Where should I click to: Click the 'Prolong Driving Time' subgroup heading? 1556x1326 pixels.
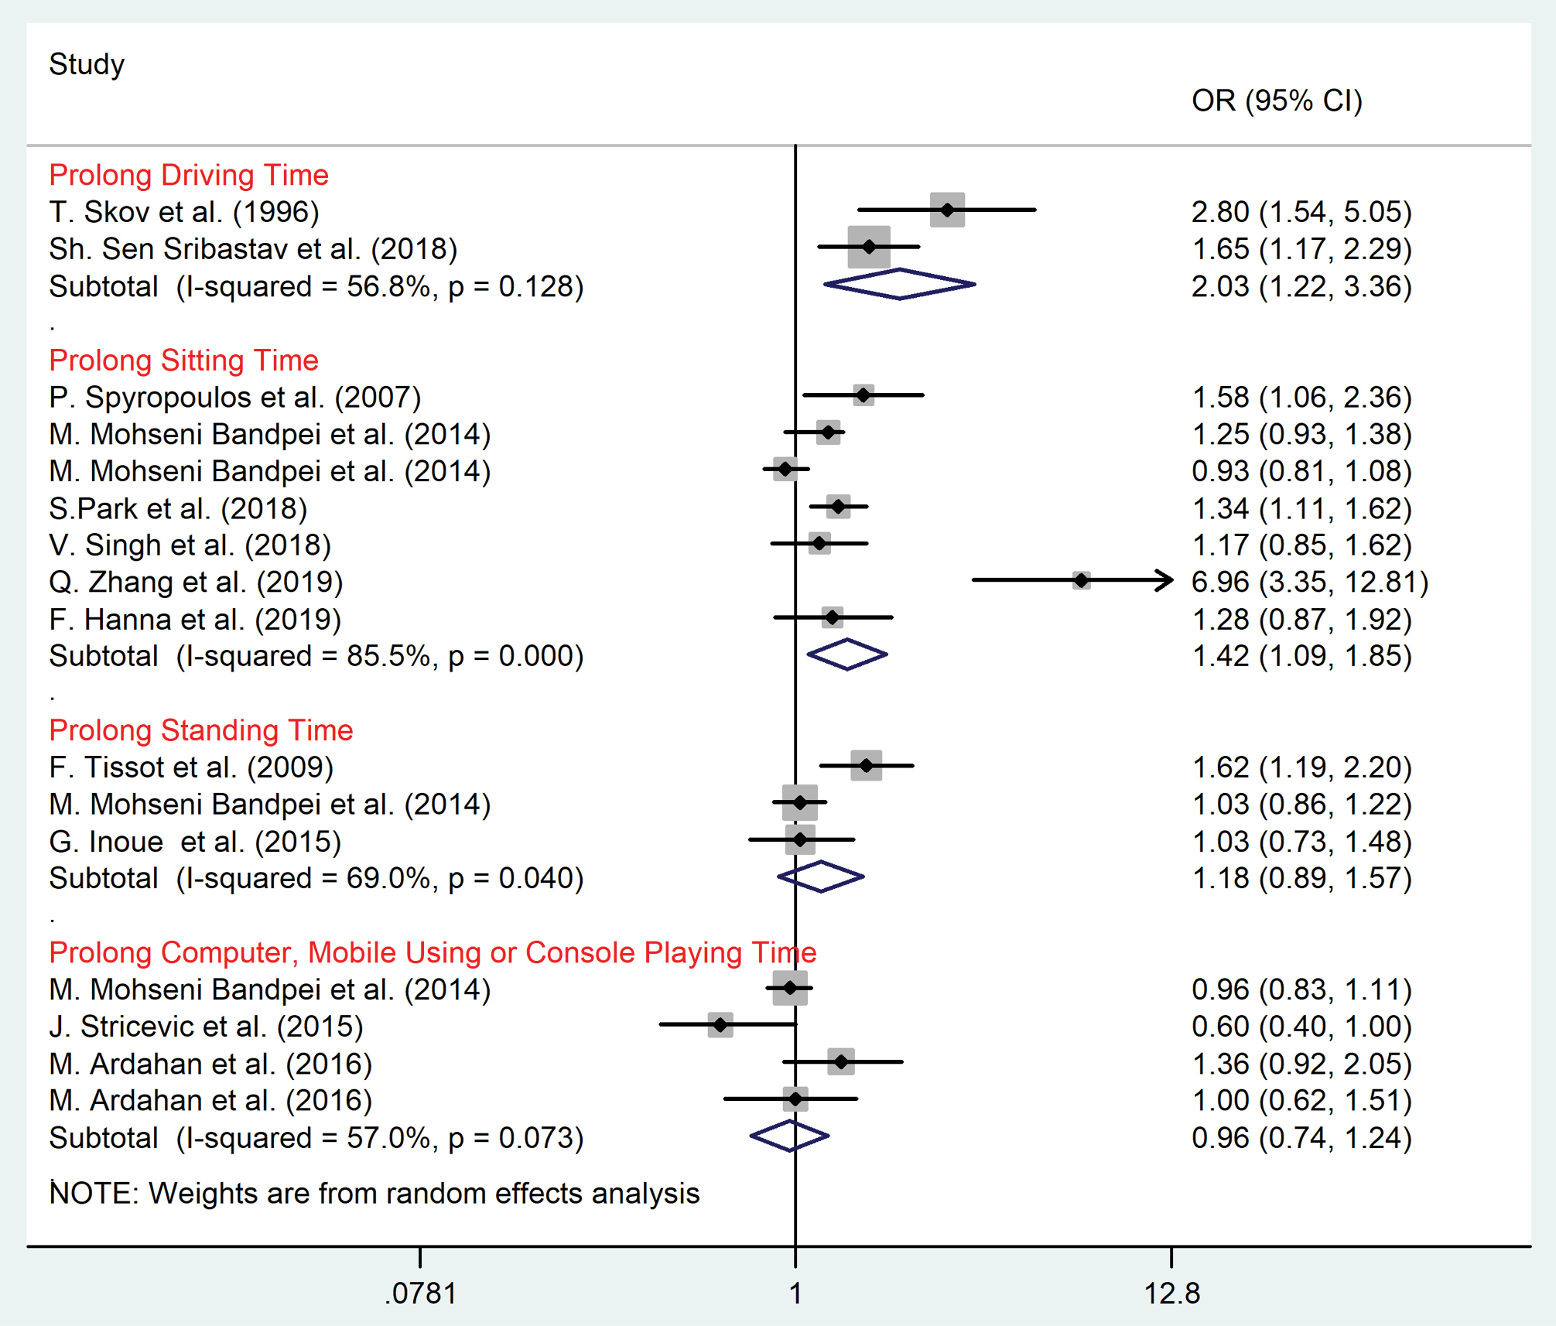click(x=189, y=175)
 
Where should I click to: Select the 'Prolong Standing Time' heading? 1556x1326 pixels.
click(x=201, y=730)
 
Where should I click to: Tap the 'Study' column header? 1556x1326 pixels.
click(x=87, y=64)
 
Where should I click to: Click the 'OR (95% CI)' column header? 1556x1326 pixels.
click(x=1277, y=101)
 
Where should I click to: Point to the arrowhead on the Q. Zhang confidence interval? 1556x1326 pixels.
click(x=1166, y=580)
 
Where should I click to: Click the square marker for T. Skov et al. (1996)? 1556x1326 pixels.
click(x=947, y=210)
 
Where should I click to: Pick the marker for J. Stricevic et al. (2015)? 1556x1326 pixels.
click(x=720, y=1025)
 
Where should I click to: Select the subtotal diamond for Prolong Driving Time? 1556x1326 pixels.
click(x=899, y=284)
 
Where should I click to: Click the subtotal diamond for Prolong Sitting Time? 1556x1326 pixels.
click(x=847, y=654)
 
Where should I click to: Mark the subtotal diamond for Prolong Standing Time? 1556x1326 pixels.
click(x=821, y=877)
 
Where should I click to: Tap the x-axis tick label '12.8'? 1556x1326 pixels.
click(x=1171, y=1294)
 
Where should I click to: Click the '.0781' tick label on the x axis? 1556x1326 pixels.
click(x=420, y=1294)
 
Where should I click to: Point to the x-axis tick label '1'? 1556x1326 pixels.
click(x=795, y=1294)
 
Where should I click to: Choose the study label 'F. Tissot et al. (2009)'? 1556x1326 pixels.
click(x=191, y=767)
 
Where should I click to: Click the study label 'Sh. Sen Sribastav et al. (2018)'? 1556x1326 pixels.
click(x=253, y=249)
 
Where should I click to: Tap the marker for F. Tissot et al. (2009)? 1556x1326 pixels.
click(x=866, y=765)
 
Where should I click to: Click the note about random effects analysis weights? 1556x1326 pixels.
click(x=374, y=1194)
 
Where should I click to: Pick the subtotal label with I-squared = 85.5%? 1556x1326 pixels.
click(x=316, y=656)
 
